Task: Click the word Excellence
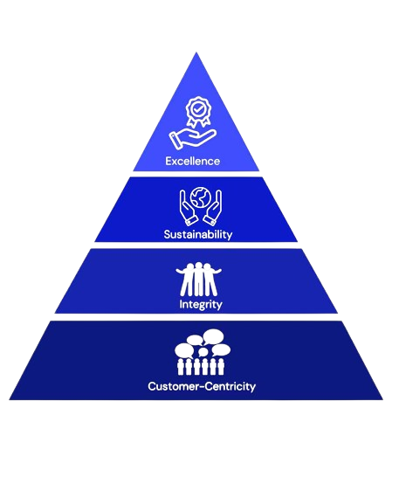(192, 161)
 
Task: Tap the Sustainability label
(198, 234)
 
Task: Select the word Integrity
(201, 305)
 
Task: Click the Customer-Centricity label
(202, 386)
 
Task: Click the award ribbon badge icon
(198, 112)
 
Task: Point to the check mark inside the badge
(198, 108)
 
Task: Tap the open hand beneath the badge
(192, 139)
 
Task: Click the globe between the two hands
(201, 197)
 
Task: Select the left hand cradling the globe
(188, 207)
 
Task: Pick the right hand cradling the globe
(213, 207)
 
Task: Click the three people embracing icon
(198, 279)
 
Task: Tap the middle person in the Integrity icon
(198, 279)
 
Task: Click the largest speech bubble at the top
(214, 337)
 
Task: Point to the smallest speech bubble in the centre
(203, 352)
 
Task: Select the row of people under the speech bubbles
(201, 367)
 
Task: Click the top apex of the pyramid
(196, 52)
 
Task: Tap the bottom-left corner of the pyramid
(9, 399)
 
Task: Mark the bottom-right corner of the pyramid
(383, 399)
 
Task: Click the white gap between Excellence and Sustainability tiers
(196, 174)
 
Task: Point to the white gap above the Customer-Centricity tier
(196, 317)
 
